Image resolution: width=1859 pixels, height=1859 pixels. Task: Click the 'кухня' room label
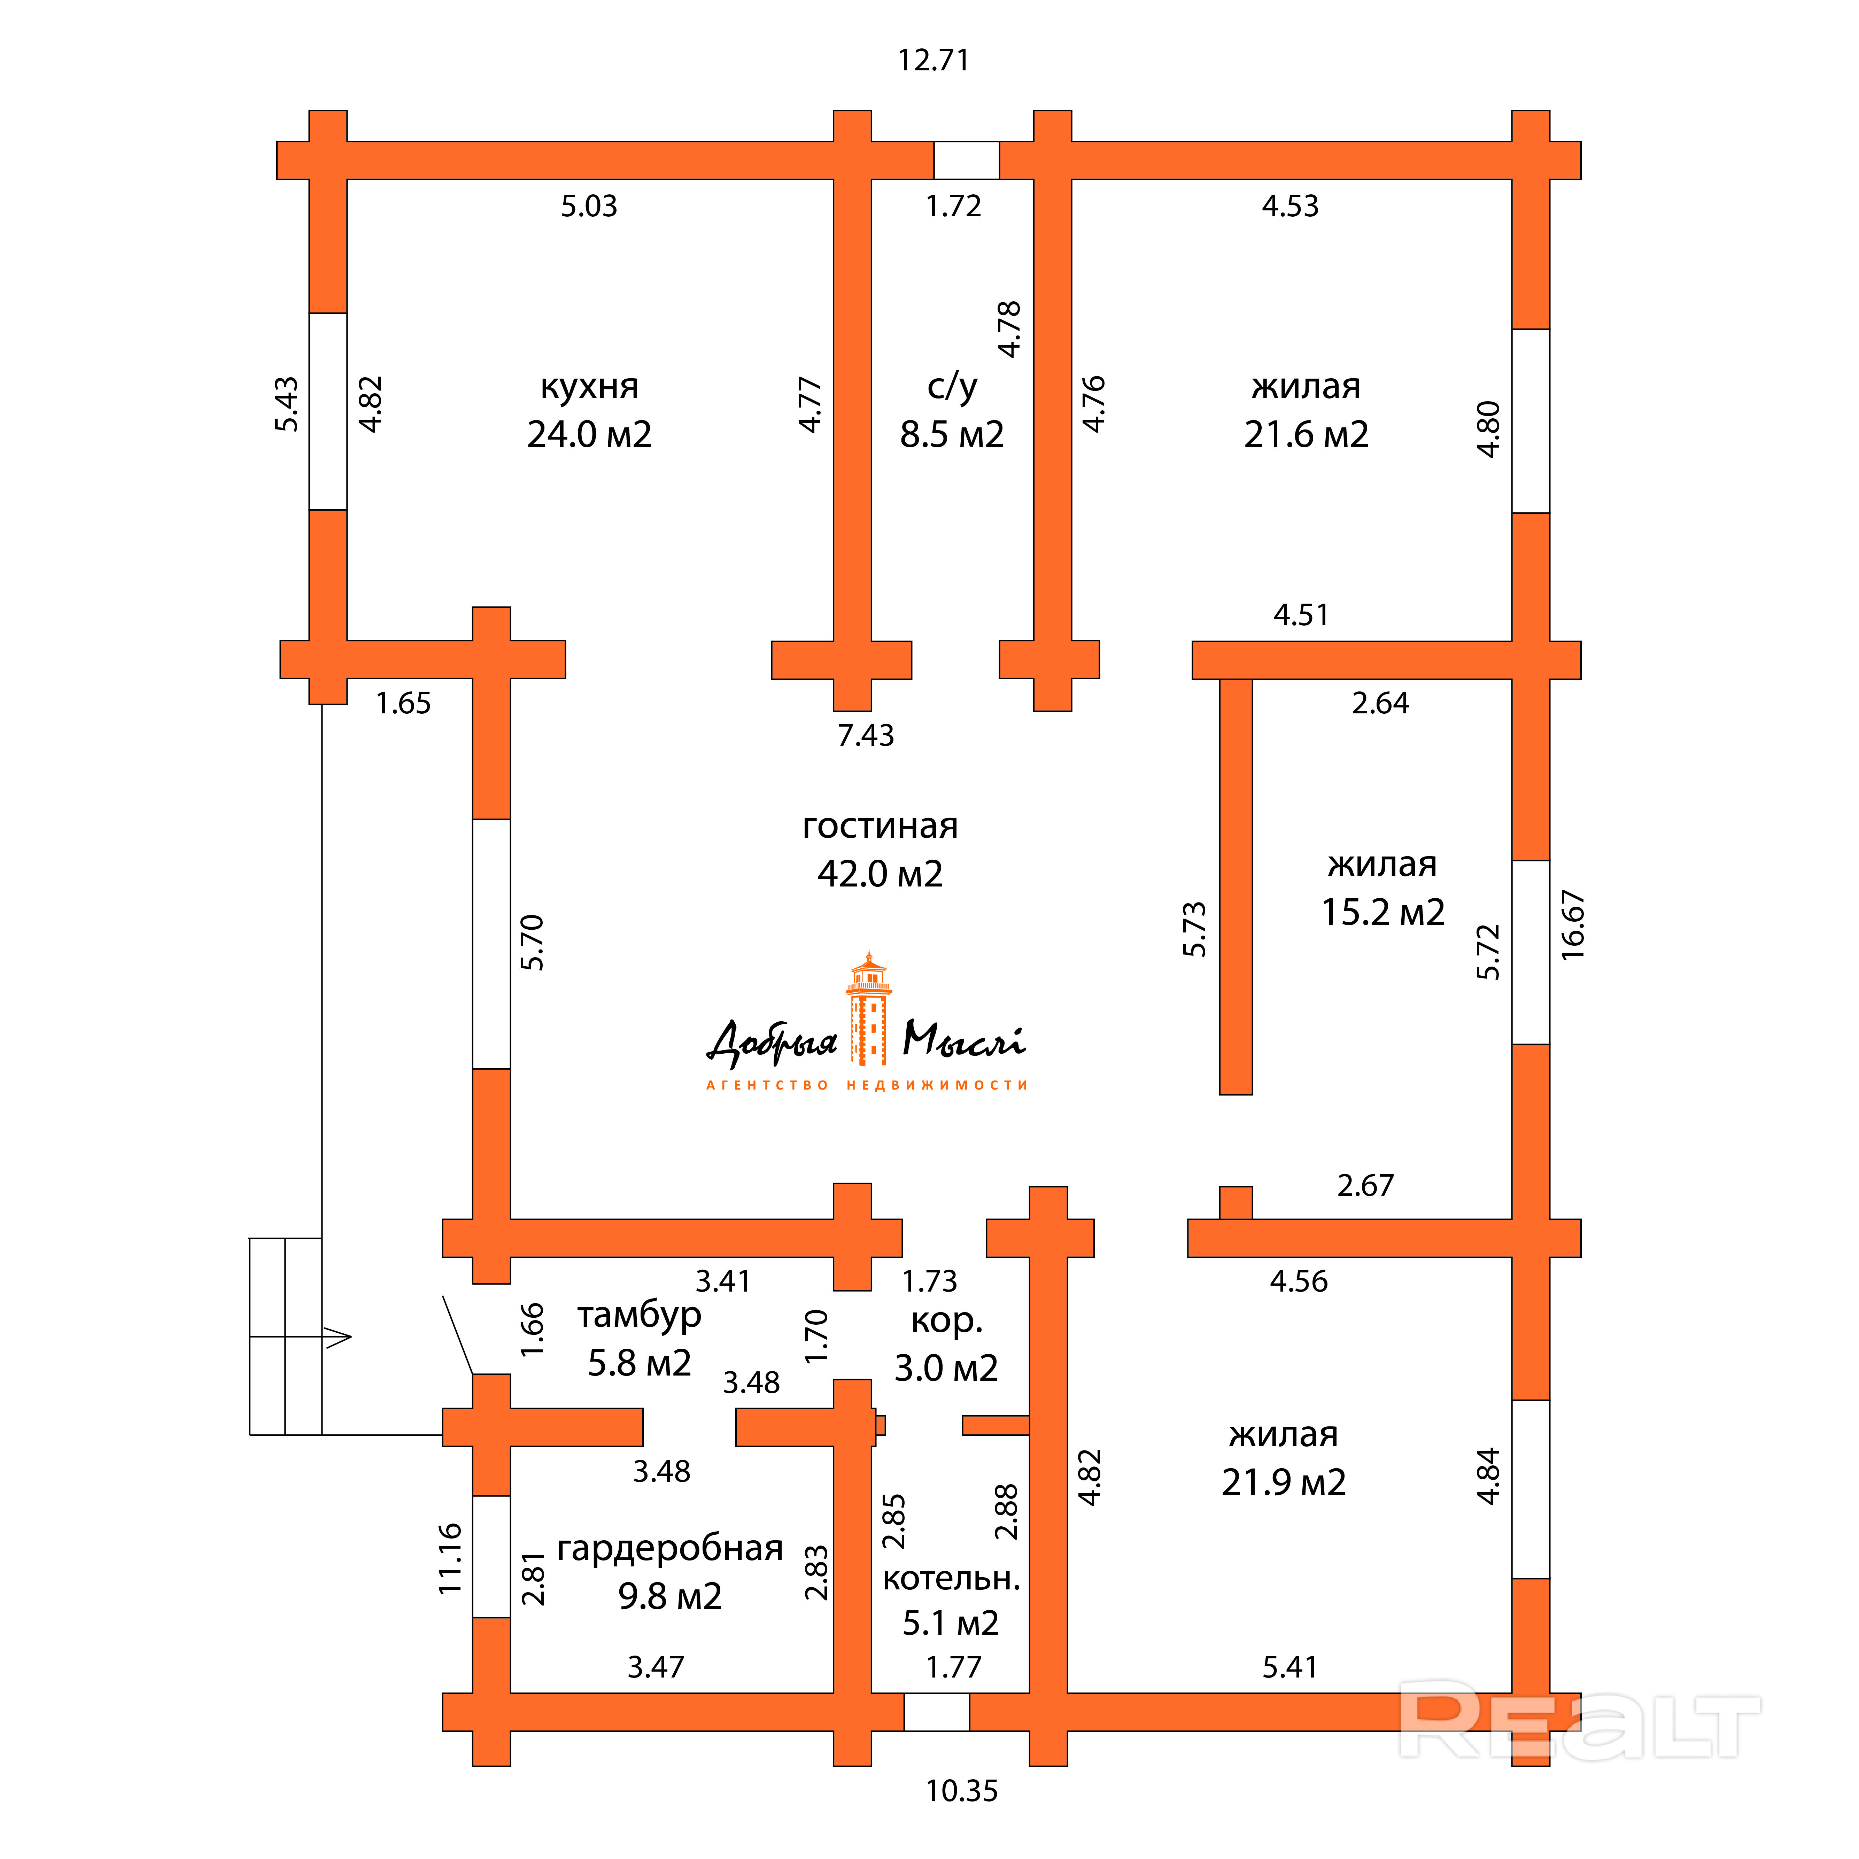pyautogui.click(x=589, y=387)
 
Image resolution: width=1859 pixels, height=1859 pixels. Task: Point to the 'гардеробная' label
pyautogui.click(x=670, y=1548)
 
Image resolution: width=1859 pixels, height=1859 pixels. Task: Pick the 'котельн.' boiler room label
pyautogui.click(x=951, y=1578)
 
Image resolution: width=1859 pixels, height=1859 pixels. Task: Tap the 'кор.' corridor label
pyautogui.click(x=947, y=1321)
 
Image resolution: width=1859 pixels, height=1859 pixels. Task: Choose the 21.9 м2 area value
pyautogui.click(x=1284, y=1483)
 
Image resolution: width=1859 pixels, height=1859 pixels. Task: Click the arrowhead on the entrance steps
pyautogui.click(x=339, y=1337)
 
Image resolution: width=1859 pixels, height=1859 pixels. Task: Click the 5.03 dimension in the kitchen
pyautogui.click(x=589, y=206)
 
